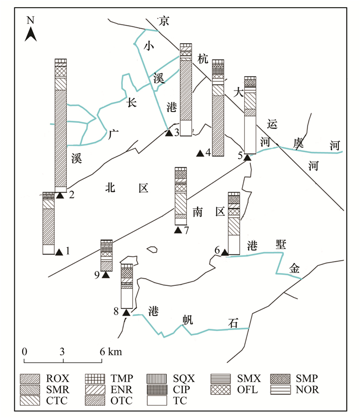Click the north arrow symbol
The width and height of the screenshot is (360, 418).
click(x=31, y=34)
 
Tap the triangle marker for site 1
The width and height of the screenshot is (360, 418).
click(x=59, y=252)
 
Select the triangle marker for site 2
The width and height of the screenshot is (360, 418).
click(x=60, y=195)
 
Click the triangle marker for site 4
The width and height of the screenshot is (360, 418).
click(x=200, y=153)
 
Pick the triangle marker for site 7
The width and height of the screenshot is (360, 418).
click(x=178, y=230)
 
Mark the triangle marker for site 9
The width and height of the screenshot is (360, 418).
click(x=106, y=275)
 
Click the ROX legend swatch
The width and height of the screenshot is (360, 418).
click(x=30, y=379)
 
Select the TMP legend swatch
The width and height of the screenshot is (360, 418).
click(x=93, y=379)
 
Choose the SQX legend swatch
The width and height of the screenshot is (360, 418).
click(x=156, y=379)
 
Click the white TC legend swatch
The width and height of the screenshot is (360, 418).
click(x=156, y=399)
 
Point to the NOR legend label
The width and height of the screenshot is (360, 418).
click(x=308, y=390)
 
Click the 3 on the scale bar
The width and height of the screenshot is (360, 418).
click(x=62, y=352)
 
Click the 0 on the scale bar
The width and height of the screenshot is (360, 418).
click(x=24, y=352)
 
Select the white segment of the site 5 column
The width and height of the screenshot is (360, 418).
click(x=250, y=134)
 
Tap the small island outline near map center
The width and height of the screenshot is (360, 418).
click(x=151, y=250)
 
